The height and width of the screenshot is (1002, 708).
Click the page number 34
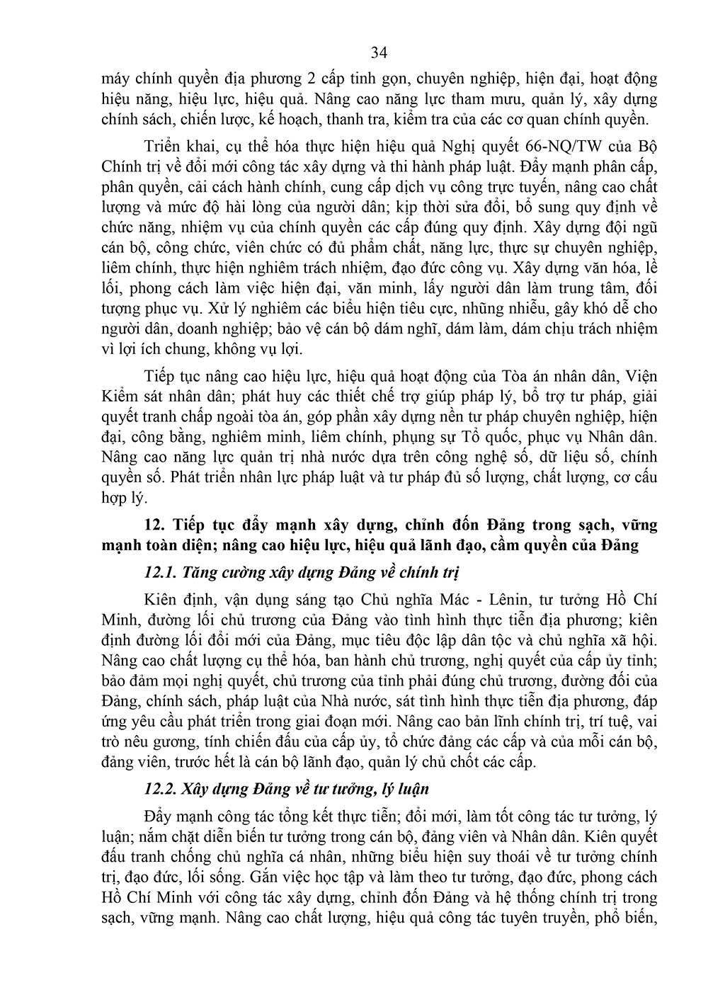click(x=379, y=52)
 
